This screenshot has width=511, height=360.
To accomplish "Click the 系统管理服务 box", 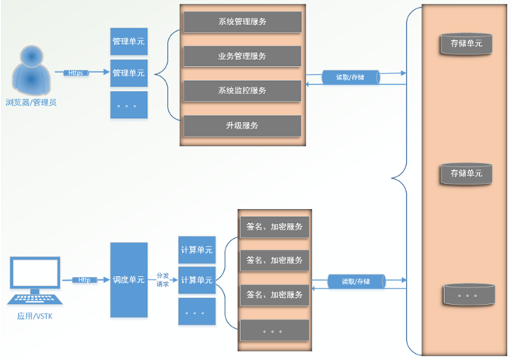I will pyautogui.click(x=242, y=22).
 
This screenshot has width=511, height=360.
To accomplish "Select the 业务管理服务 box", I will pyautogui.click(x=242, y=56).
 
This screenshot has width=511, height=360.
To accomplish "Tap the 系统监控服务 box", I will pyautogui.click(x=242, y=90).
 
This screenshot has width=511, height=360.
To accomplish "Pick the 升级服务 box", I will pyautogui.click(x=242, y=124).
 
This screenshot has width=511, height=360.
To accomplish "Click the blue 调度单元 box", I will pyautogui.click(x=128, y=280).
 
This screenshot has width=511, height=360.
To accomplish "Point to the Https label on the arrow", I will pyautogui.click(x=76, y=73).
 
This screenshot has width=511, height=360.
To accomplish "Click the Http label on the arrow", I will pyautogui.click(x=85, y=280).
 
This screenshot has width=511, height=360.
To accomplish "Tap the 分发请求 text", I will pyautogui.click(x=163, y=280).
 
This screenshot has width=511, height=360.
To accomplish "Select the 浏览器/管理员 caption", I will pyautogui.click(x=31, y=102).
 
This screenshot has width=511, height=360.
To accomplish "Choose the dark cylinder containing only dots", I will pyautogui.click(x=467, y=295).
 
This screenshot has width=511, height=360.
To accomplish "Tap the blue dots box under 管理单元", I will pyautogui.click(x=128, y=105).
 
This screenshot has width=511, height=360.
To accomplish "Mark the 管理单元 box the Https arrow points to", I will pyautogui.click(x=128, y=73).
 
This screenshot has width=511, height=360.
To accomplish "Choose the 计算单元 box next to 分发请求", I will pyautogui.click(x=195, y=280).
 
